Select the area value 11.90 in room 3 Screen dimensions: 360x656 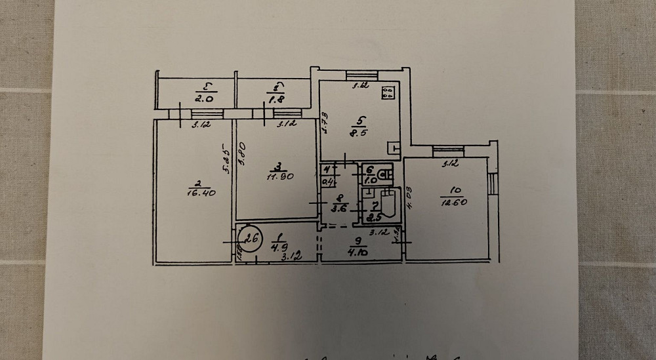pos(278,176)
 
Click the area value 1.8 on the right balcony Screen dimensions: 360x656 pos(276,99)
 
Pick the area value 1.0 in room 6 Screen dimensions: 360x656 pos(369,178)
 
